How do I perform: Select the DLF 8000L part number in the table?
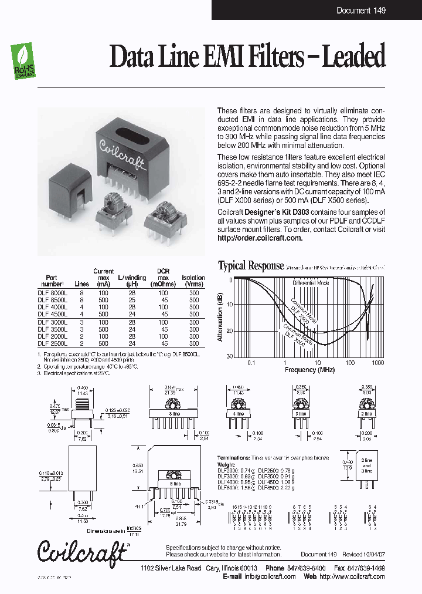click(53, 292)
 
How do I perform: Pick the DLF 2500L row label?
click(53, 343)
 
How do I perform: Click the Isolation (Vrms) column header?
click(193, 281)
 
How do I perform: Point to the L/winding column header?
click(131, 281)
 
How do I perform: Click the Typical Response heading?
click(251, 266)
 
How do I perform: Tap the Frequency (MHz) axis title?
click(309, 370)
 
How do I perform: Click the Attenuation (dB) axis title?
click(220, 318)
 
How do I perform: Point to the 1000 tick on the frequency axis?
click(377, 363)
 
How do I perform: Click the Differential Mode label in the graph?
click(311, 283)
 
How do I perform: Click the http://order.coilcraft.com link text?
click(260, 238)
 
